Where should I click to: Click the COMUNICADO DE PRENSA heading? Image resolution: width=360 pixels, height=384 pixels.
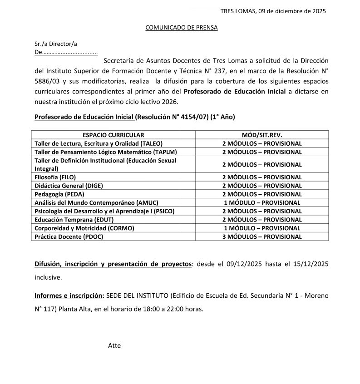click(181, 28)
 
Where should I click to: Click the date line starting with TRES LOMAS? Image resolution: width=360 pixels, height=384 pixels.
click(273, 11)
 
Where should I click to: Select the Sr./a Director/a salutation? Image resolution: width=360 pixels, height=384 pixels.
click(56, 44)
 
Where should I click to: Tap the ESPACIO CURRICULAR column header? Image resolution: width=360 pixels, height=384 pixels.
click(113, 135)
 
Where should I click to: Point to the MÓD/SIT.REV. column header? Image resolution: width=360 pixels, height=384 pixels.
click(262, 135)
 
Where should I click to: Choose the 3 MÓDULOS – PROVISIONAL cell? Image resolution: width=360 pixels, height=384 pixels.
click(262, 236)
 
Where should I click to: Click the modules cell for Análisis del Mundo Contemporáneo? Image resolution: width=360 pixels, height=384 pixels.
click(262, 203)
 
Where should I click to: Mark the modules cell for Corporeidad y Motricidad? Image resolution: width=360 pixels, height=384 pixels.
click(262, 228)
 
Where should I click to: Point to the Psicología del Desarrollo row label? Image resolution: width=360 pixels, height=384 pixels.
click(104, 211)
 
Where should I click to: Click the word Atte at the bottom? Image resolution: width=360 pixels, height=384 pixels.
click(114, 345)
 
